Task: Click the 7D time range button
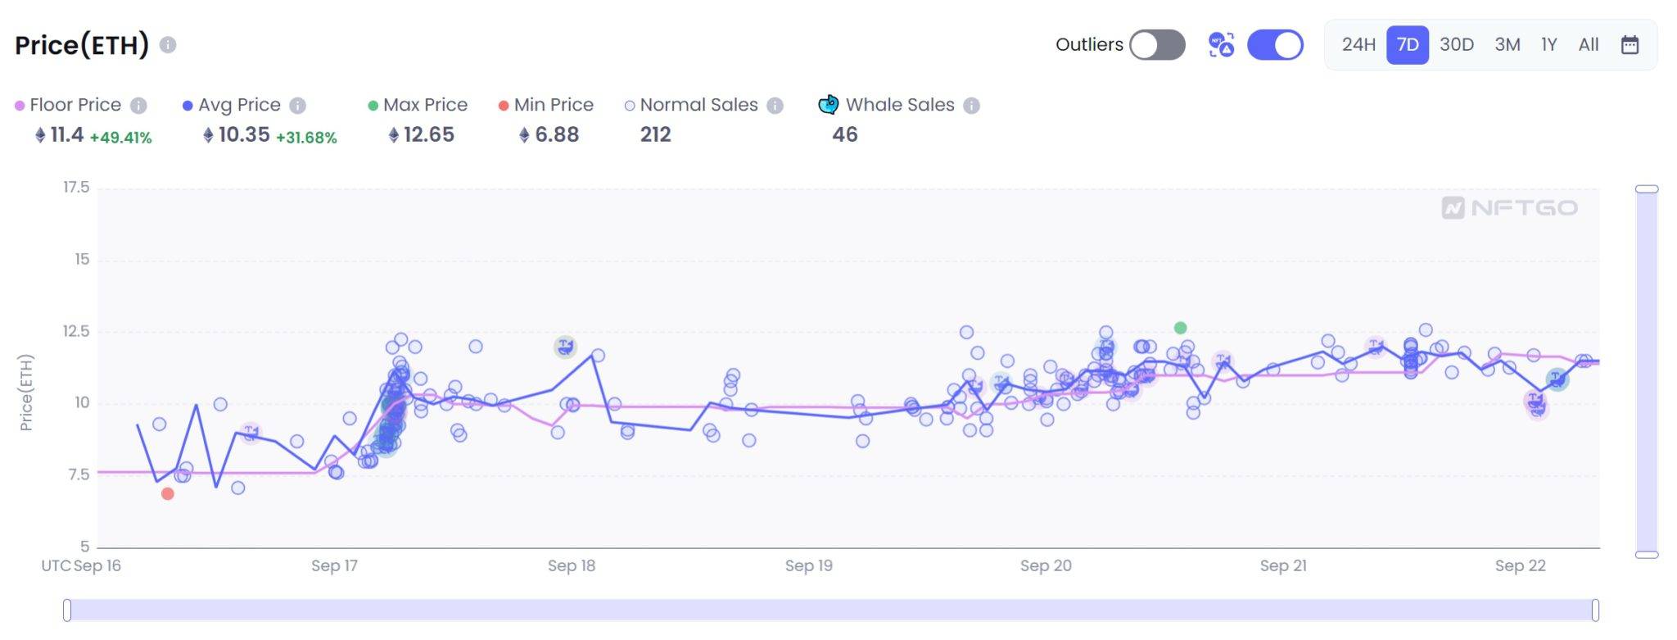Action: pos(1407,45)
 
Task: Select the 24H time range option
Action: pos(1358,45)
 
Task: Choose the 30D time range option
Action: pos(1456,45)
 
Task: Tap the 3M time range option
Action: pos(1507,45)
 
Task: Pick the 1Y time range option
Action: pos(1548,45)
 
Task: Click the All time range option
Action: pos(1588,45)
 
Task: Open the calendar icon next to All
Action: pos(1630,45)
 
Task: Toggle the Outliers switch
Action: pos(1157,45)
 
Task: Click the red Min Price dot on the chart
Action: pos(168,494)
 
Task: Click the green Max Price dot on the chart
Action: pos(1180,328)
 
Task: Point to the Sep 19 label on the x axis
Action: pos(808,565)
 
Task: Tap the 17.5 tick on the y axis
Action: pos(76,188)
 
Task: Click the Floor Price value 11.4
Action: pos(66,135)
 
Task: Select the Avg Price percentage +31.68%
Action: pos(306,138)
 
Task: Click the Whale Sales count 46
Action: pos(844,135)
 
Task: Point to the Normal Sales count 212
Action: pos(655,135)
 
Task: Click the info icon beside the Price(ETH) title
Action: pos(168,45)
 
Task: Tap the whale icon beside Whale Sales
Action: pos(829,105)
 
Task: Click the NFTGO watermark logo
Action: pos(1509,208)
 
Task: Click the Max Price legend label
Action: pos(425,105)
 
